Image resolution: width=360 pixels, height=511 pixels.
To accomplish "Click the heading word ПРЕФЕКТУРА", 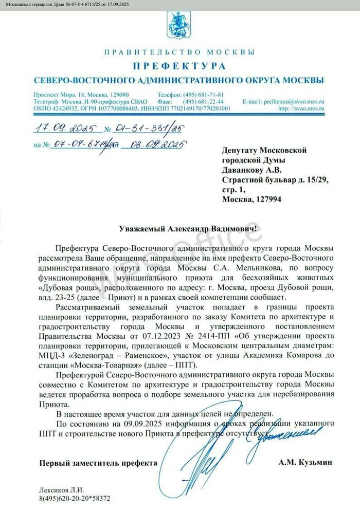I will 179,66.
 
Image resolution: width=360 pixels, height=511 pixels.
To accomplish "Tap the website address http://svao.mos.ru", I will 301,108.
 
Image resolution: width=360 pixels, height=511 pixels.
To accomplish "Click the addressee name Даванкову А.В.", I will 251,170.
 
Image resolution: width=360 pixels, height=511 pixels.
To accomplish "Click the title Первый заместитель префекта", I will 99,463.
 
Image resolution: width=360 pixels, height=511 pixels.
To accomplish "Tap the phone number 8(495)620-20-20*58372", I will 75,498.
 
